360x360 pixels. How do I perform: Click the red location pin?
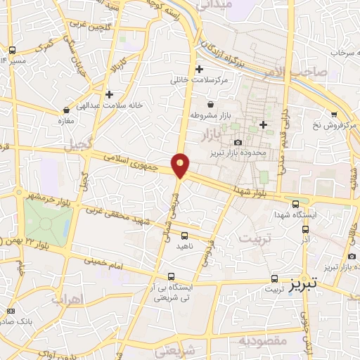181,165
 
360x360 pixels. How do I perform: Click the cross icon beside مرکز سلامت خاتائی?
200,69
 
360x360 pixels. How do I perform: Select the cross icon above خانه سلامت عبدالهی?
109,94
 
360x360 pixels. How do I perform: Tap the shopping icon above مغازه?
66,110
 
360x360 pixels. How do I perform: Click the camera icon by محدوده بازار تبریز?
238,143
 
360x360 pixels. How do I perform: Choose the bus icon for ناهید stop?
185,236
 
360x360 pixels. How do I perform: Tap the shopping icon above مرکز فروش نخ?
334,115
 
